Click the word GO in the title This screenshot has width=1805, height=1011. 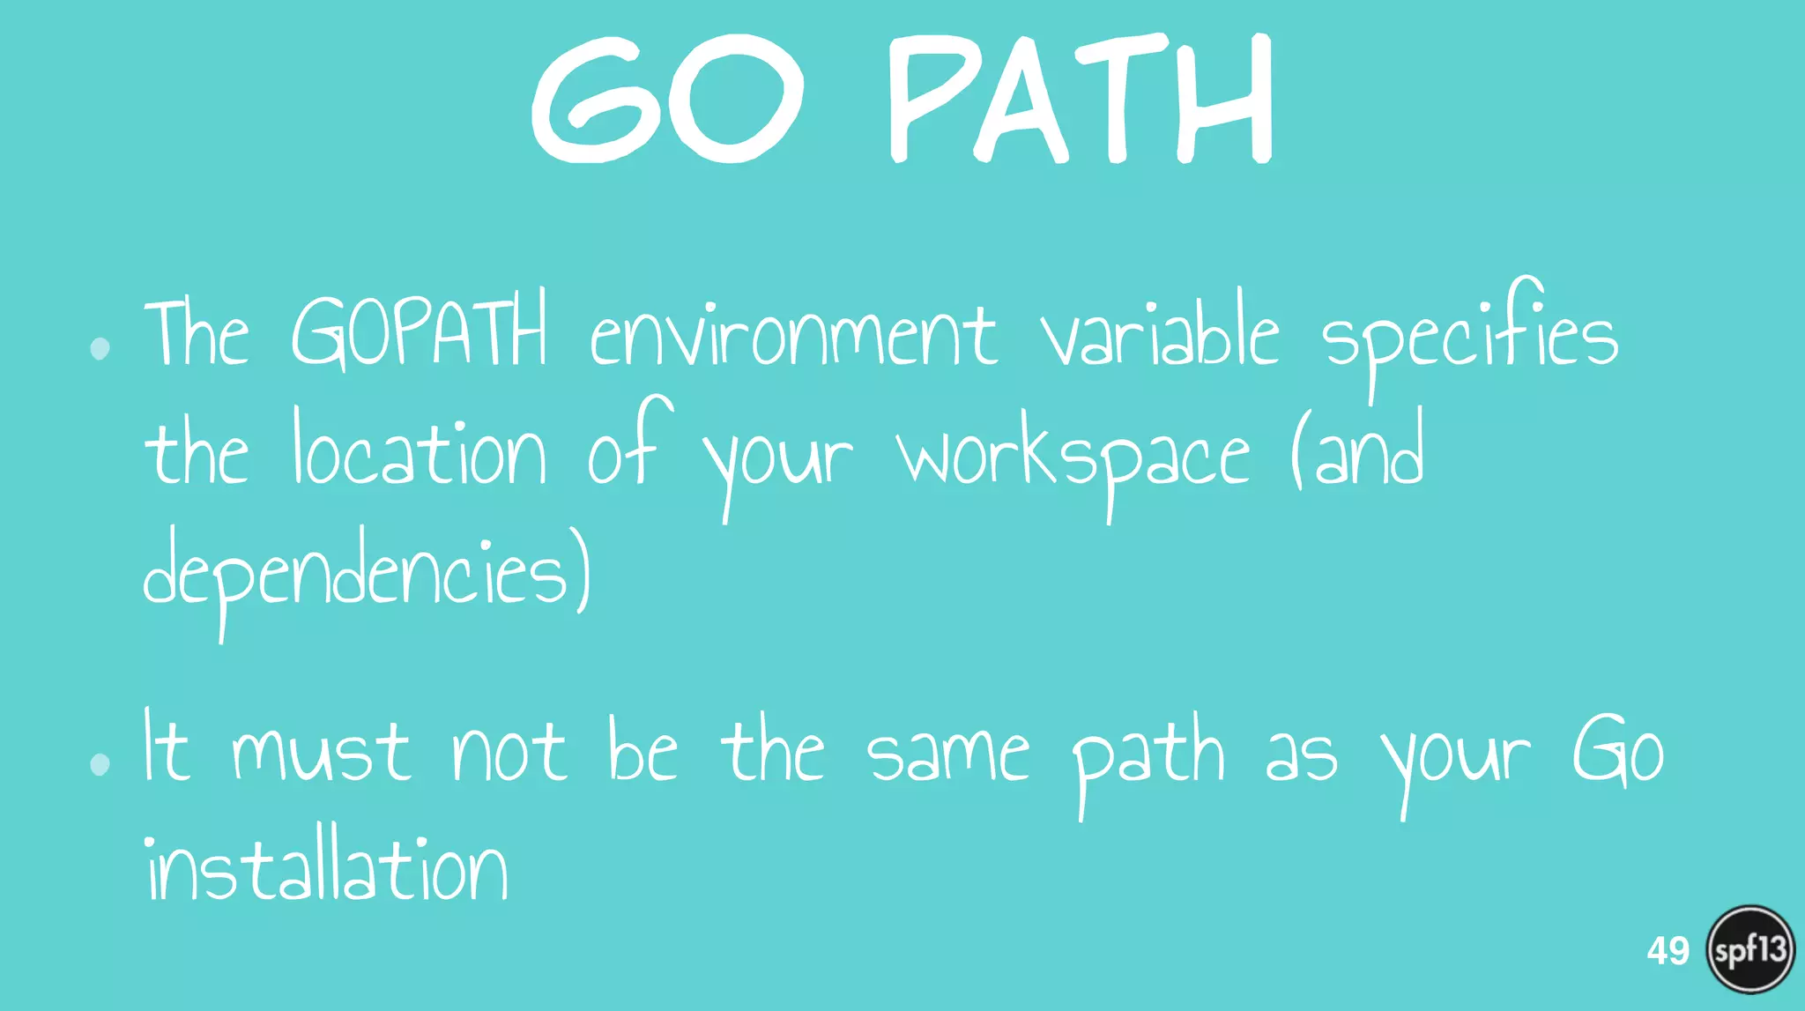(x=668, y=99)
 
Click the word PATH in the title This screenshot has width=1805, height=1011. (x=1080, y=99)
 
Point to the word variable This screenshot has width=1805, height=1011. (x=1159, y=331)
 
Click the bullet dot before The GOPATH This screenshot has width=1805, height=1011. (x=100, y=348)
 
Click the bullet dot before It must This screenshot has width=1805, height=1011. (x=100, y=763)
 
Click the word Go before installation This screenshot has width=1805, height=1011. (x=1618, y=751)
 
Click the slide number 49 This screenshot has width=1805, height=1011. (x=1668, y=951)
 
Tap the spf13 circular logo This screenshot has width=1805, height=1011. (x=1750, y=950)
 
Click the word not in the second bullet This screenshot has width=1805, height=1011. (x=509, y=755)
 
